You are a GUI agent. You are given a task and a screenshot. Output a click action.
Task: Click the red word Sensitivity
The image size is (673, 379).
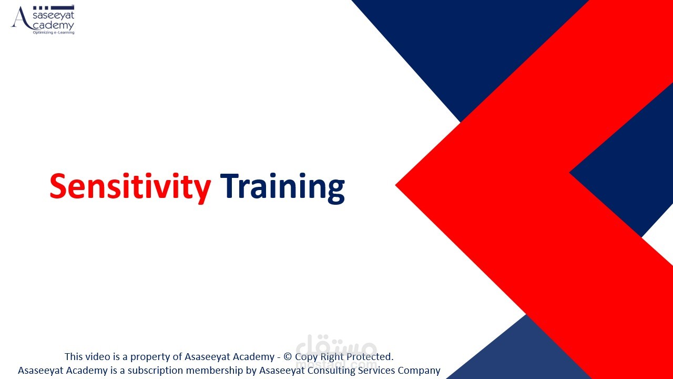[x=130, y=187]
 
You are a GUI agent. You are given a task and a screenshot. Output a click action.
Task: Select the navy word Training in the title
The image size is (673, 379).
[x=282, y=188]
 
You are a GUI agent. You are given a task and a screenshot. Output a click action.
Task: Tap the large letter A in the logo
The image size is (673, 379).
[x=21, y=18]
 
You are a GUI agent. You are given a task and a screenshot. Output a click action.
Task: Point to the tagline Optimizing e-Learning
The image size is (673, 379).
[x=54, y=32]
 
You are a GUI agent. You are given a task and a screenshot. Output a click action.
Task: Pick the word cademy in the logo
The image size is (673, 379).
[x=53, y=25]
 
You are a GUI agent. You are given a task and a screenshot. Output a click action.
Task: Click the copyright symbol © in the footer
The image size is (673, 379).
[x=288, y=357]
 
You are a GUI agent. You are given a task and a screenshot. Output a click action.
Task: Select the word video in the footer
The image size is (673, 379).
[x=96, y=356]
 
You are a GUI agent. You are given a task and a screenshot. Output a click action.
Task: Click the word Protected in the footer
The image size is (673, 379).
[x=369, y=356]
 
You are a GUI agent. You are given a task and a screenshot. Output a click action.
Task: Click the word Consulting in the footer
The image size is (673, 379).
[x=331, y=371]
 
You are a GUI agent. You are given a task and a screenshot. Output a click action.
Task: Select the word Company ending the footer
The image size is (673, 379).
[x=419, y=371]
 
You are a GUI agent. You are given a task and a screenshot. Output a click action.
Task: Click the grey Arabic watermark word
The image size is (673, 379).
[x=336, y=346]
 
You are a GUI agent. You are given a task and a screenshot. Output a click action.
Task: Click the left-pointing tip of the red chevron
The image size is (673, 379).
[x=396, y=185]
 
